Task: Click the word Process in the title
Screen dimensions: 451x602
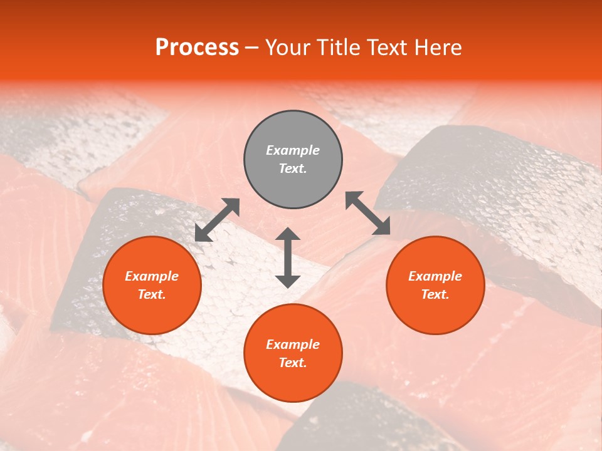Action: tap(197, 48)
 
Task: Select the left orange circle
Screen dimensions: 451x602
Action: tap(152, 307)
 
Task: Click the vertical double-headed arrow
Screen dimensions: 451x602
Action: tap(288, 257)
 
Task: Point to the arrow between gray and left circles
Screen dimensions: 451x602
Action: tap(217, 220)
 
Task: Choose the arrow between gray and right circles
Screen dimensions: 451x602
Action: tap(367, 213)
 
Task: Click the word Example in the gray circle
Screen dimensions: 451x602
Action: tap(293, 150)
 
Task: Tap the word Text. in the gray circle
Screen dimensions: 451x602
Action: tap(293, 168)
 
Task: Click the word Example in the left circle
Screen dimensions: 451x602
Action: tap(152, 276)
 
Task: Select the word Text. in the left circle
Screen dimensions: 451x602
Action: tap(152, 294)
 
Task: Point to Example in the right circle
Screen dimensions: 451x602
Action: tap(435, 276)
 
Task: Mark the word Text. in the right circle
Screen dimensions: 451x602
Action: tap(435, 294)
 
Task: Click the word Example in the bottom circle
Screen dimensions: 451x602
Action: tap(293, 345)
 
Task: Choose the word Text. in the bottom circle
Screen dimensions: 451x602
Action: tap(293, 363)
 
